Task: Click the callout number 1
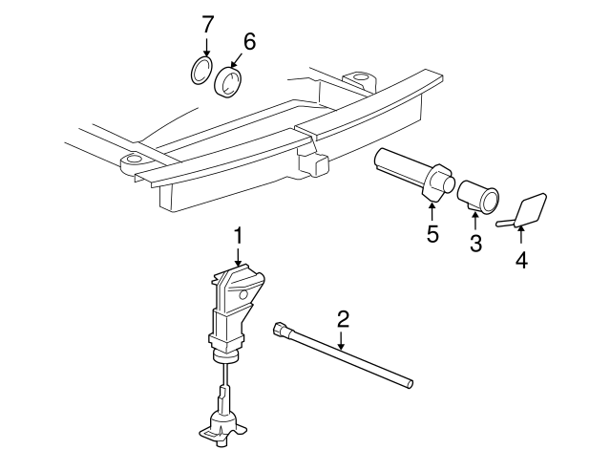click(x=239, y=234)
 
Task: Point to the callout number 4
click(x=520, y=258)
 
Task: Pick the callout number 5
click(x=432, y=234)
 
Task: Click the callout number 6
click(x=249, y=41)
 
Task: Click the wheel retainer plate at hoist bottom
click(x=224, y=428)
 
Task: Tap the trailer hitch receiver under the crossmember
click(x=312, y=163)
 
